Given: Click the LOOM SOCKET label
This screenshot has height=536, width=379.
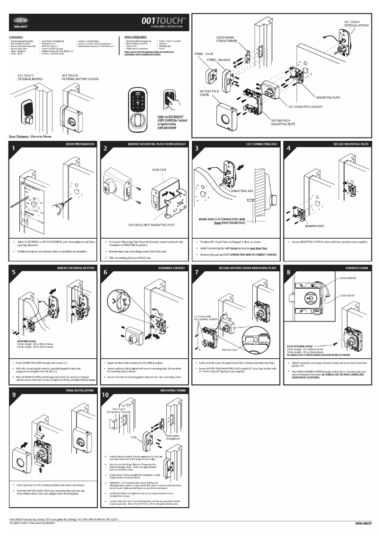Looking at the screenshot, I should click(348, 296).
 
